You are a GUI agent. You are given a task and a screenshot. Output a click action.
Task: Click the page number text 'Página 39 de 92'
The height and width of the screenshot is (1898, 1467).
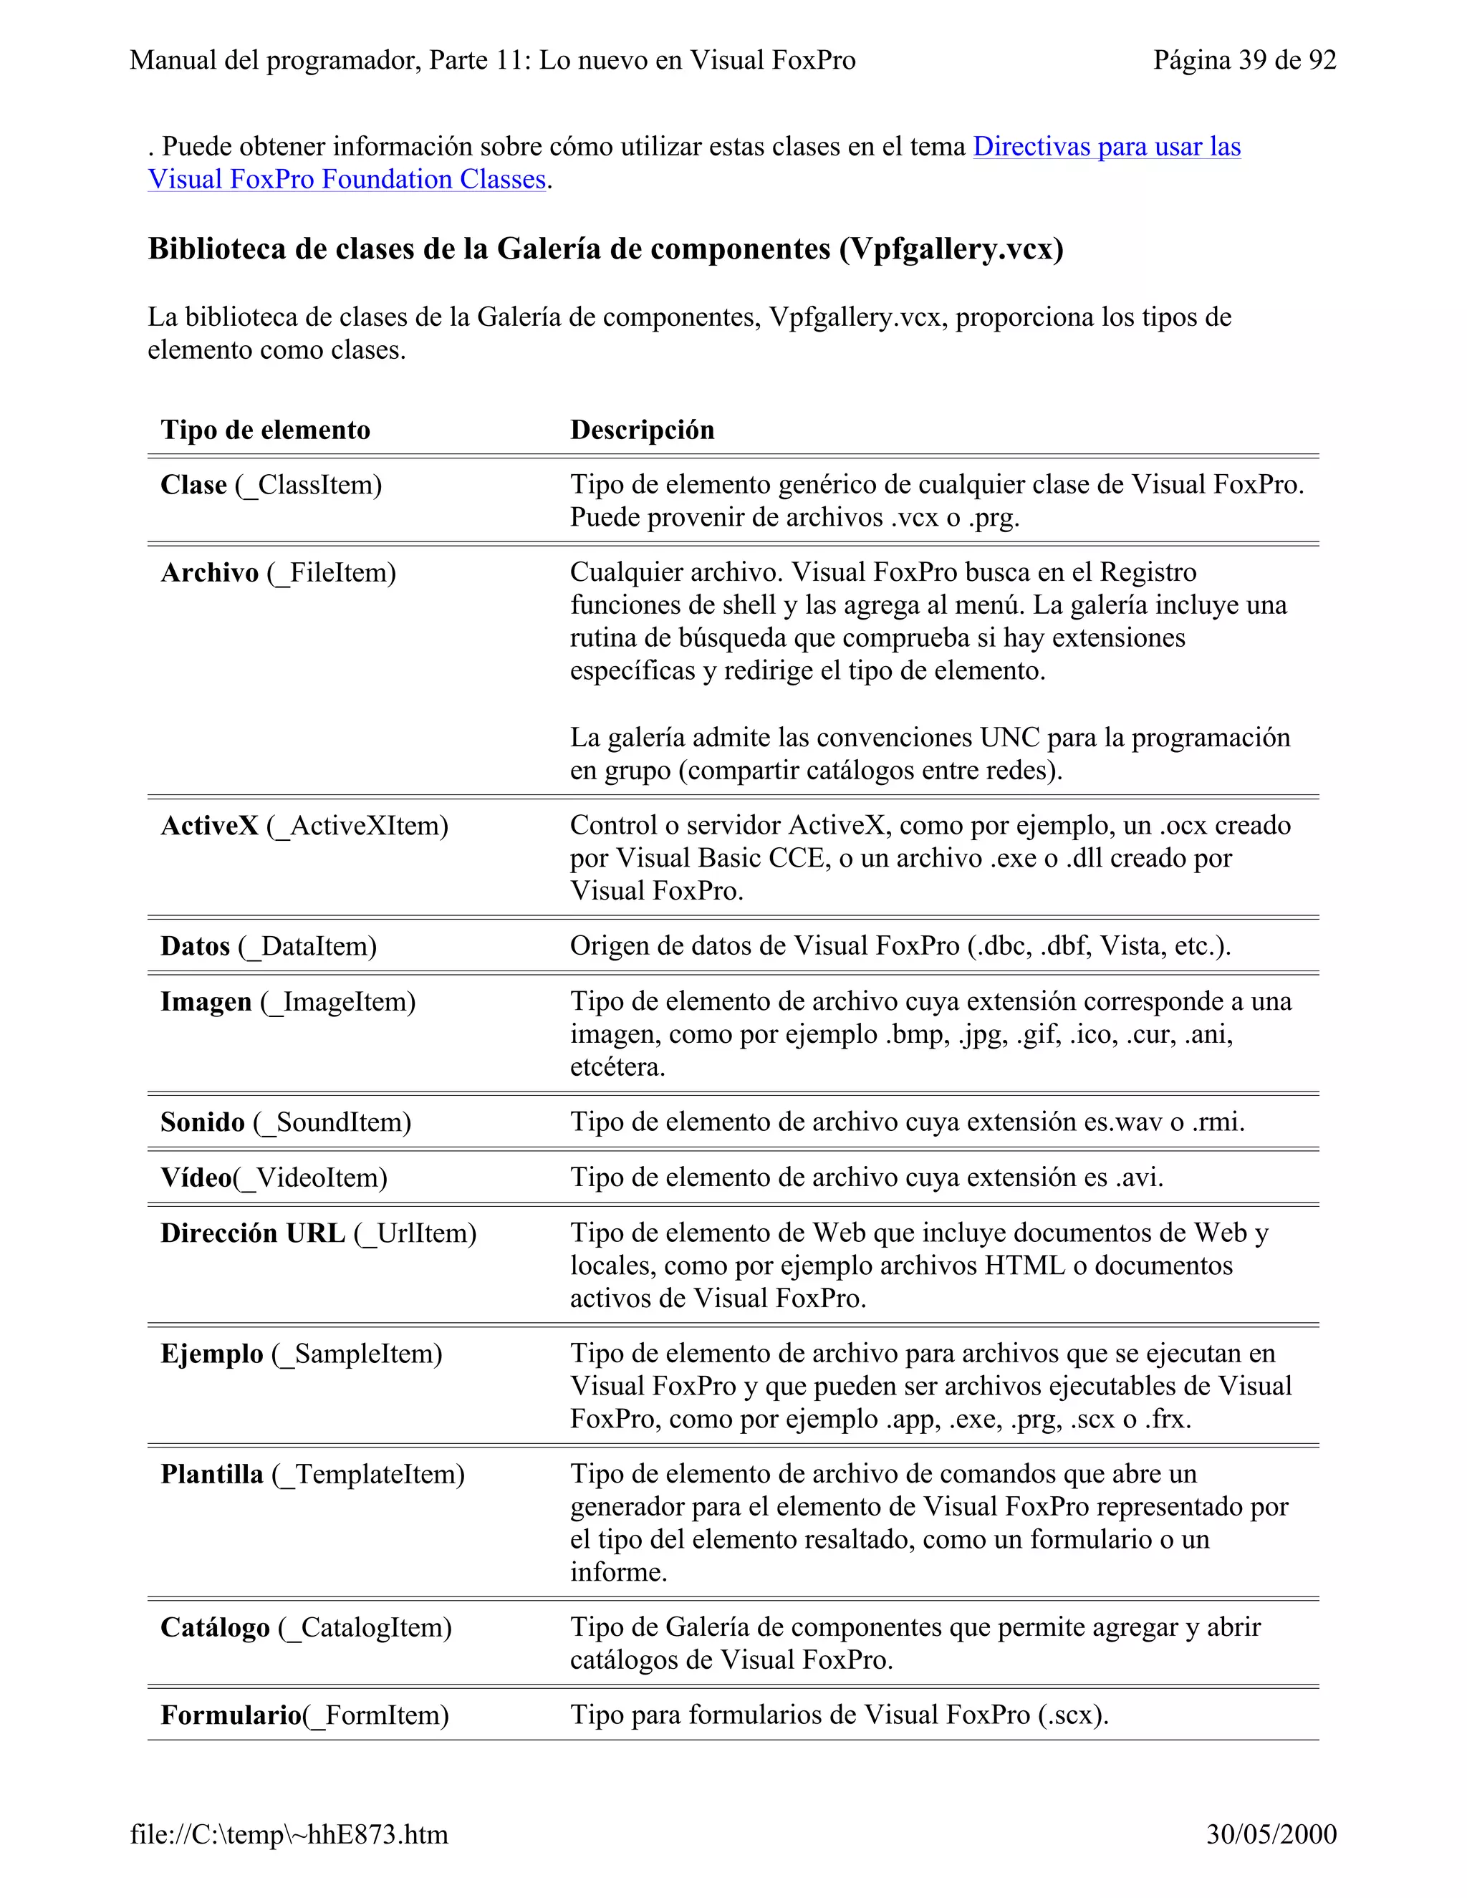point(1244,60)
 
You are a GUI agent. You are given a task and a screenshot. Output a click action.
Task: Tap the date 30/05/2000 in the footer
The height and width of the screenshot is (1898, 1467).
point(1271,1834)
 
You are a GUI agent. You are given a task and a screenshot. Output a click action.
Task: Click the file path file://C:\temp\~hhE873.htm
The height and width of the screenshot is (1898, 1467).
point(289,1834)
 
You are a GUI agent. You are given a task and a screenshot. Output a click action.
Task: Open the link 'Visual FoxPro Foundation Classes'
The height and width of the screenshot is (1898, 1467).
point(347,179)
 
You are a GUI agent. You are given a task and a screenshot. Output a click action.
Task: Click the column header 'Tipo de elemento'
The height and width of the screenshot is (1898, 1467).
point(265,429)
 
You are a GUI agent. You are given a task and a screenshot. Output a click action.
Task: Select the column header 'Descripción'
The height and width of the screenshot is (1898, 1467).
point(643,429)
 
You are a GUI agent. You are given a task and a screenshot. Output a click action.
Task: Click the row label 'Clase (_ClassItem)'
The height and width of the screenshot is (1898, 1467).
point(271,485)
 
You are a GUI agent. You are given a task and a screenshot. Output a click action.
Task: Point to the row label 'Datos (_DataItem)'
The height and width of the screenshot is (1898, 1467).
point(269,946)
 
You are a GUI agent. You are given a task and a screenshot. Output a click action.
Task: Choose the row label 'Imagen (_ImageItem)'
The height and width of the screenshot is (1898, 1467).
point(288,1002)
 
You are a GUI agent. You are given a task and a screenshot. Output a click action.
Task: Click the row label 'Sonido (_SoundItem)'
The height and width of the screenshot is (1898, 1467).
point(286,1122)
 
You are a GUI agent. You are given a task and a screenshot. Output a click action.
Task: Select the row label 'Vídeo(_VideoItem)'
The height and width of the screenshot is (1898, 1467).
point(274,1177)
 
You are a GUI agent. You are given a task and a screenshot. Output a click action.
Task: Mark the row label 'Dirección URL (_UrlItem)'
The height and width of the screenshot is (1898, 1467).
point(318,1233)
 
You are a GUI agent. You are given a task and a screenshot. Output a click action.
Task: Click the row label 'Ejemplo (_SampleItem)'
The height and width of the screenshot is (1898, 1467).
point(302,1354)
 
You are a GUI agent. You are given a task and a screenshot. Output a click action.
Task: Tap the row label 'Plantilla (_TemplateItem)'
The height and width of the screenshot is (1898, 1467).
point(313,1475)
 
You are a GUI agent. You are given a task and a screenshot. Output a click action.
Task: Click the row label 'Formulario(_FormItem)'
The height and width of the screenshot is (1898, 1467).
point(304,1715)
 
